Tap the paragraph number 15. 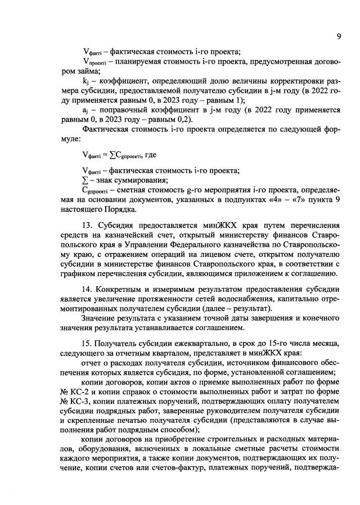click(x=87, y=343)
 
